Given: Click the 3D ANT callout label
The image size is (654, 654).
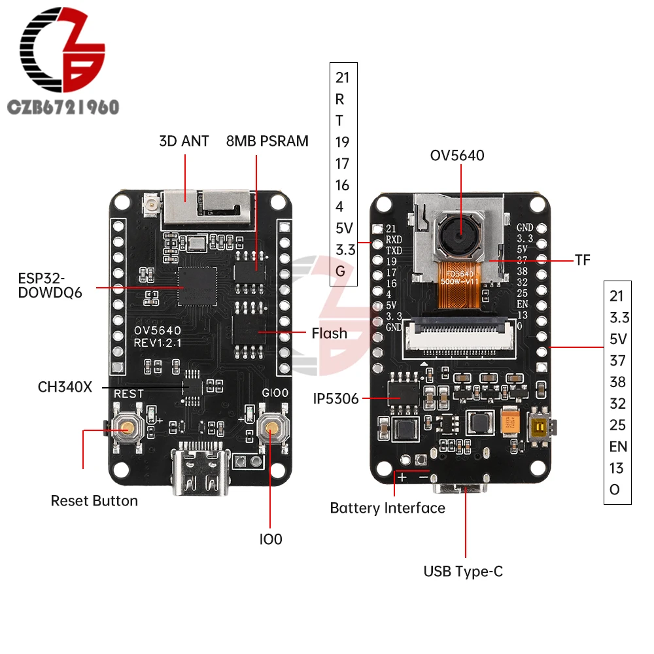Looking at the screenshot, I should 184,141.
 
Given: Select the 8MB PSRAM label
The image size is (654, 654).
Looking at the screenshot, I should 267,141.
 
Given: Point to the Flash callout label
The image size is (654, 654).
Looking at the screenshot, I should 329,333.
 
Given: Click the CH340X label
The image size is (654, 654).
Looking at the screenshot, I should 65,386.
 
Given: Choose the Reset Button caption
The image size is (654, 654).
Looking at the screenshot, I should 94,501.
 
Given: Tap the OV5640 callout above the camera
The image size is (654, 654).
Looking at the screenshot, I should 457,156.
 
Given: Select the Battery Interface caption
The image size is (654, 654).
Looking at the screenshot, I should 387,508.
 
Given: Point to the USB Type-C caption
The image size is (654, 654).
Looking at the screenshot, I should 463,571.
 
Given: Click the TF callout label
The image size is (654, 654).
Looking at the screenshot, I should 583,260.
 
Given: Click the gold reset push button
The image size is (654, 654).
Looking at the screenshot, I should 126,428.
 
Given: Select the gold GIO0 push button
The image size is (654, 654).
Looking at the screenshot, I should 270,428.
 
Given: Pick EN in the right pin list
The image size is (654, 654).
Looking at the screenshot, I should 618,447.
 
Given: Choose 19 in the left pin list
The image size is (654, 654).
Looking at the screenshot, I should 343,142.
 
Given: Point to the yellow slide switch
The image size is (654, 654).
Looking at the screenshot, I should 541,428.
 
